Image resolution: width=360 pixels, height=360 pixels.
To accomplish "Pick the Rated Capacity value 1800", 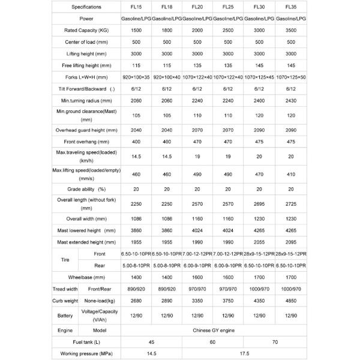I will (x=167, y=30).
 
